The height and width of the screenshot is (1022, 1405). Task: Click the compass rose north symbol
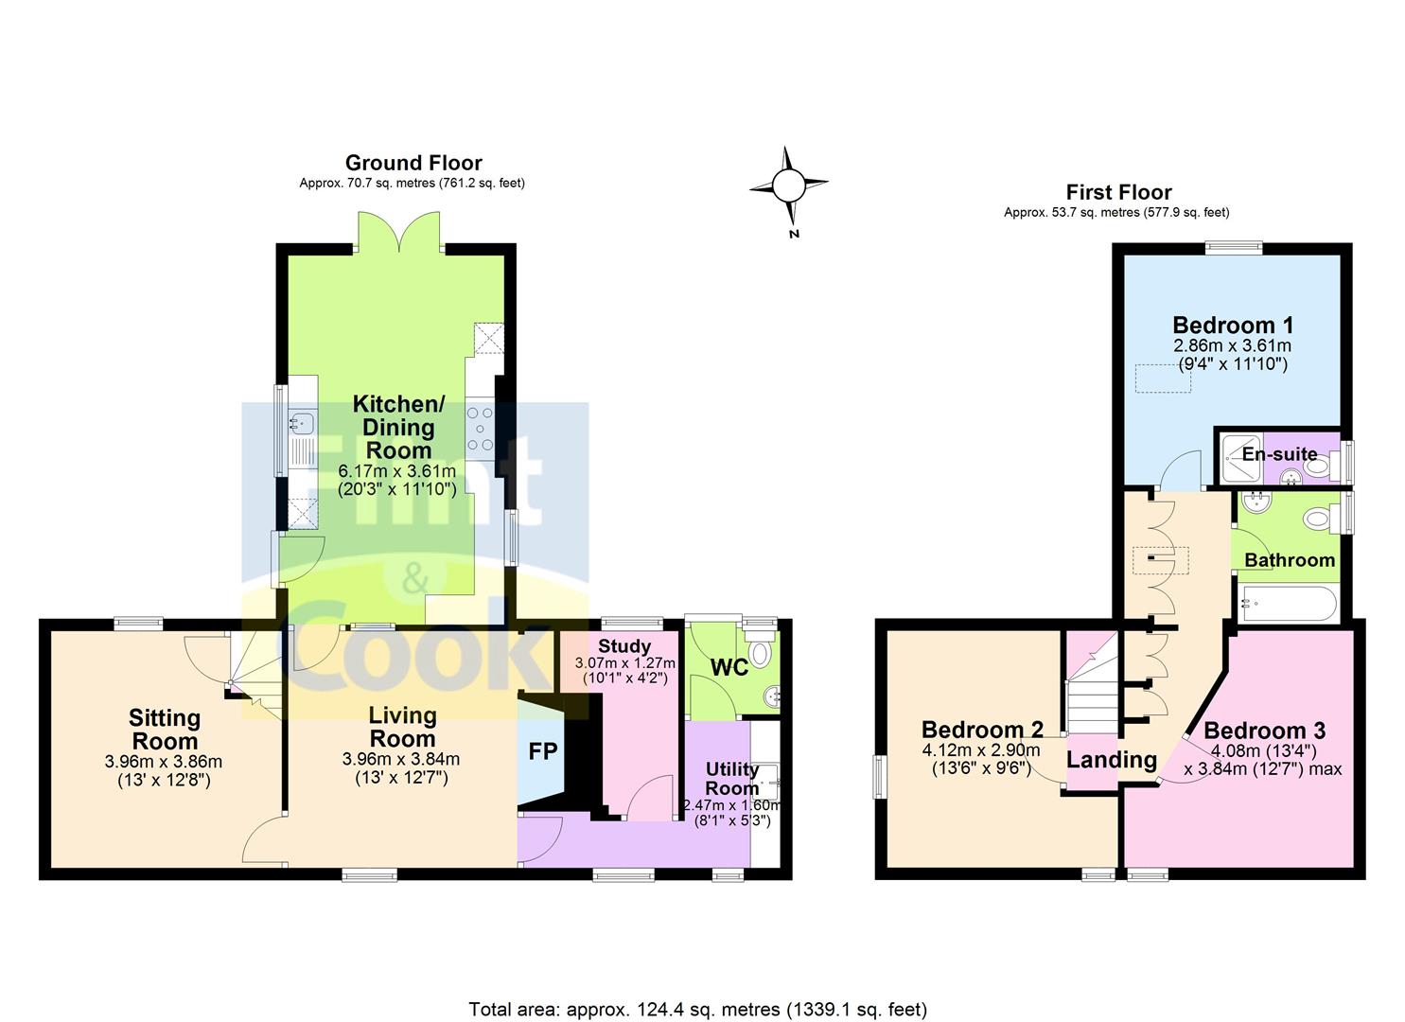click(788, 185)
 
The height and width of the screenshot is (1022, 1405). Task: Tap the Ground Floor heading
click(413, 163)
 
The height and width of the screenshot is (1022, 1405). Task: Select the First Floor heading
click(1119, 192)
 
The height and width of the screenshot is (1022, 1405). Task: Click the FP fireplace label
click(542, 751)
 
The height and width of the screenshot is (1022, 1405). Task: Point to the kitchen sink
click(302, 422)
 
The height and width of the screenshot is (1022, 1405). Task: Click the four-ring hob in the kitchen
click(481, 429)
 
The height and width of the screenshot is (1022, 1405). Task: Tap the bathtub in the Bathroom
click(1289, 603)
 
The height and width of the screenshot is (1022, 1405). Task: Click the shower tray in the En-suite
click(1240, 458)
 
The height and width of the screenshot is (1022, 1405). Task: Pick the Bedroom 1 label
click(1233, 325)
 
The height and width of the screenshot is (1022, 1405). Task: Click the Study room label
click(624, 645)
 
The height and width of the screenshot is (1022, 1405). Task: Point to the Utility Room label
click(732, 778)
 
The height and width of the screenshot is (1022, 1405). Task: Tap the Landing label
click(1112, 760)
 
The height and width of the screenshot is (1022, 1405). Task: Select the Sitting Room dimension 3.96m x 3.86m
click(164, 762)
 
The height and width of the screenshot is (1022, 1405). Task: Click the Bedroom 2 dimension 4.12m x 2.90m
click(981, 749)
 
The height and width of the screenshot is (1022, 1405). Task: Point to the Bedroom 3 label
click(1264, 731)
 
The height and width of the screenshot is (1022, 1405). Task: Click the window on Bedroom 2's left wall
click(881, 777)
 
